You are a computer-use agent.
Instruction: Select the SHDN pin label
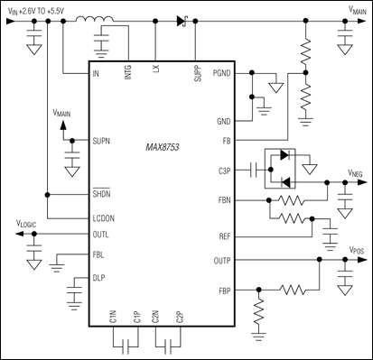102,193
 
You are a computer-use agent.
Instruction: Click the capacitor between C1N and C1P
124,344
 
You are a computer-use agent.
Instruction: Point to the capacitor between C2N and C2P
167,344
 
